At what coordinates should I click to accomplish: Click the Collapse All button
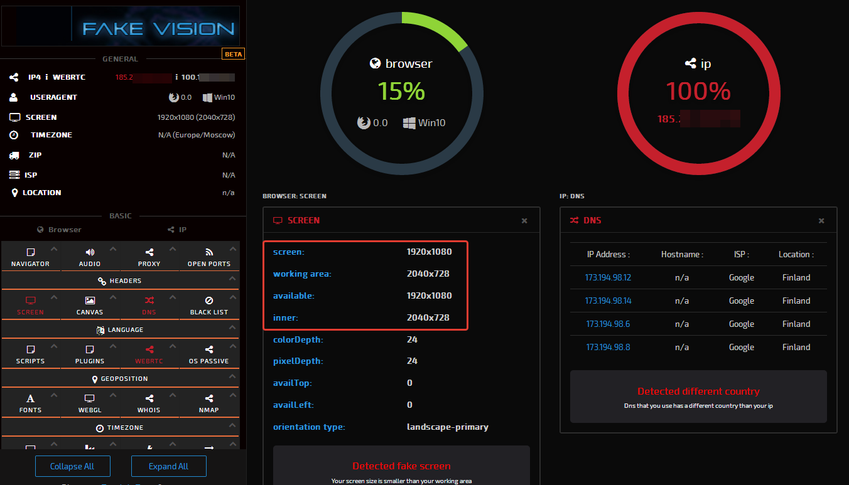(73, 466)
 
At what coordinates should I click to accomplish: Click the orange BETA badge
(233, 54)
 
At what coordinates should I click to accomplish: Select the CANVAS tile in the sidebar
(90, 306)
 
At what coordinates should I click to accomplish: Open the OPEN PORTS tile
(209, 257)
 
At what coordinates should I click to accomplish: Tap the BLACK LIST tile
(209, 306)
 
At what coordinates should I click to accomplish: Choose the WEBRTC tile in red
(149, 354)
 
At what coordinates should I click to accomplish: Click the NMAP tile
(209, 403)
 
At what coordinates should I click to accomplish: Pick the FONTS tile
(30, 403)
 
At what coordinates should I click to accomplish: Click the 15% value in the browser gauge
(401, 92)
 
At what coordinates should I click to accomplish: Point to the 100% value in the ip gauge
(698, 92)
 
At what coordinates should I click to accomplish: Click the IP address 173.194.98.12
(608, 277)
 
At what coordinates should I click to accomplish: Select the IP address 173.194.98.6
(608, 324)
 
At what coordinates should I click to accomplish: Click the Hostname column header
(682, 254)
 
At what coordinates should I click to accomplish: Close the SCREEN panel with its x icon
(524, 221)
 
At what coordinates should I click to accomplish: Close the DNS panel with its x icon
(821, 221)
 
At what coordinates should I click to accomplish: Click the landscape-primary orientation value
(447, 427)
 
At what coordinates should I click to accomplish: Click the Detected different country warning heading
(698, 391)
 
